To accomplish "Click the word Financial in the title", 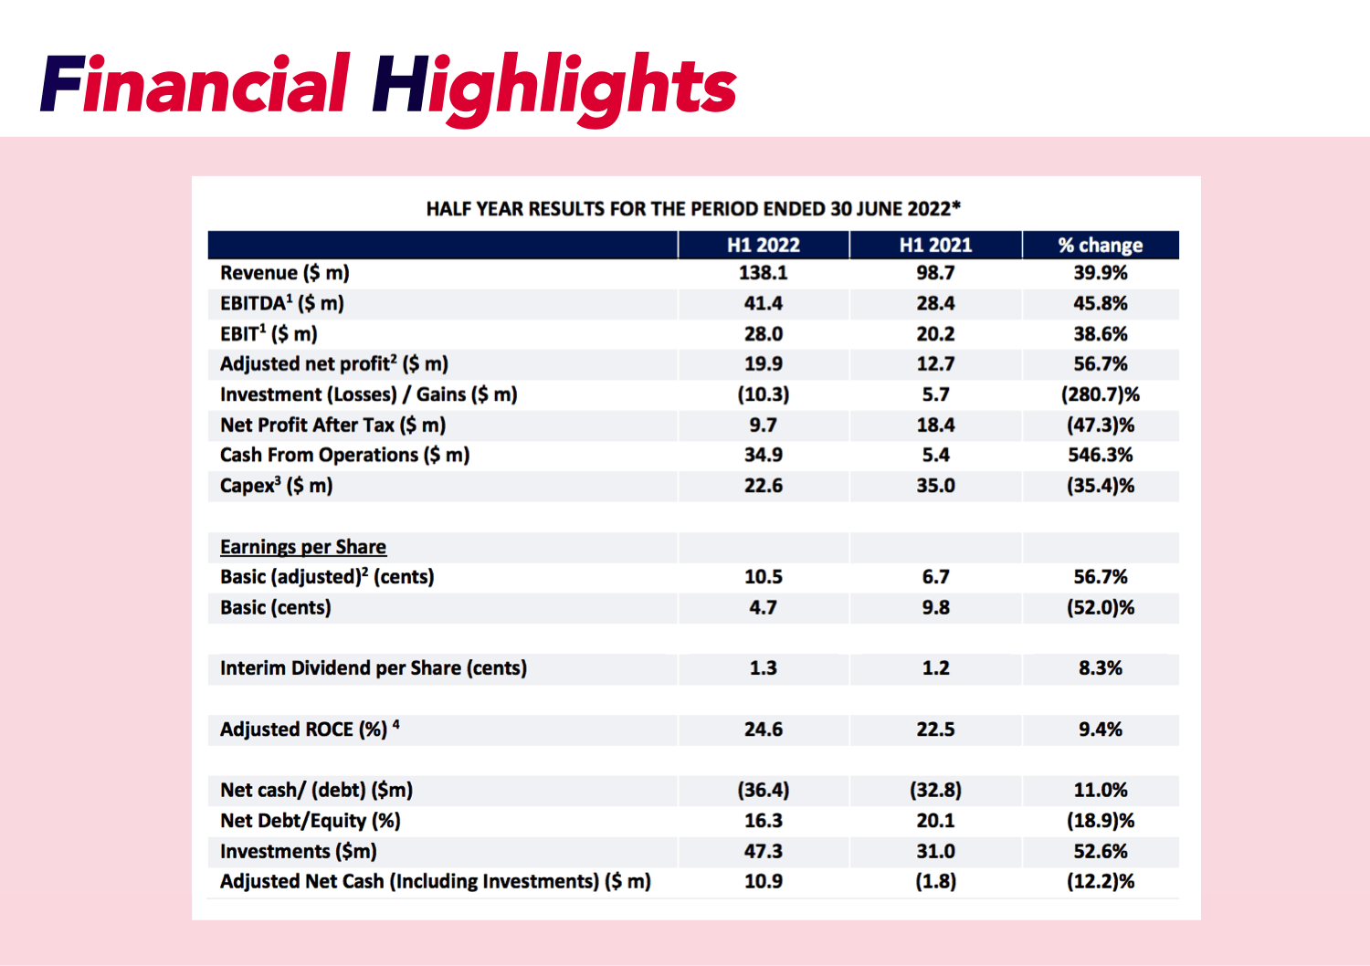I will [195, 85].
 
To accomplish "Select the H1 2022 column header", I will [763, 245].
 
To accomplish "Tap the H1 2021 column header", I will [935, 245].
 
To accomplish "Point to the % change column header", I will [1100, 245].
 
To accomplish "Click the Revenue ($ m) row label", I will [284, 273].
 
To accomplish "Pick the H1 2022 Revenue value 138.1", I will [763, 273].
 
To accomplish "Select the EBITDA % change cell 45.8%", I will [1100, 303].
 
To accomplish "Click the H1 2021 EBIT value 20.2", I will [935, 334].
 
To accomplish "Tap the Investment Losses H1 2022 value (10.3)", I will [763, 394].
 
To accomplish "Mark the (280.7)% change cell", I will [1100, 394].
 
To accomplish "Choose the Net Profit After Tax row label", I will [332, 425].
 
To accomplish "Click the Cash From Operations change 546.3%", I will [1100, 455].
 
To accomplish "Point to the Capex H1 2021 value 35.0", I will [935, 486].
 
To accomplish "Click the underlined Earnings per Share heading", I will [302, 547].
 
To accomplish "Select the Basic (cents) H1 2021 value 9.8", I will [935, 607].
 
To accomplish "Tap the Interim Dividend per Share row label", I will [373, 668].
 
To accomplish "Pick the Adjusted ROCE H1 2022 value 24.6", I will [763, 730].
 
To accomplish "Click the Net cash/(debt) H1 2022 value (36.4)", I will [763, 790].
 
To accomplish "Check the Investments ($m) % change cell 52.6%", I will [1100, 851].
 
